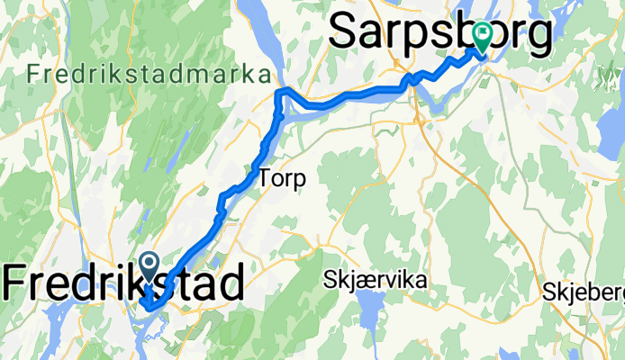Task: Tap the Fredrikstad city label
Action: coord(123,283)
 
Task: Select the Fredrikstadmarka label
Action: coord(149,74)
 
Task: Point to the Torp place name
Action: coord(282,178)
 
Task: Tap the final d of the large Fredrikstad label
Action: coord(231,283)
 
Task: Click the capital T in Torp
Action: coord(266,178)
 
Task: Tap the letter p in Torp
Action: coord(300,180)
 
